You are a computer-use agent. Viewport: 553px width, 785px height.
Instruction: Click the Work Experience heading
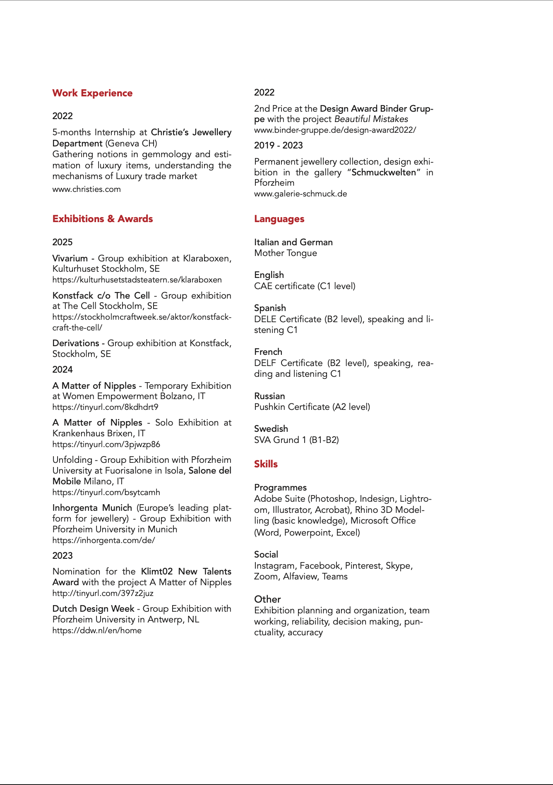point(92,93)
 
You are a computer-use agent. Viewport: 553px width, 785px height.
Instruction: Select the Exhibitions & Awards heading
point(103,219)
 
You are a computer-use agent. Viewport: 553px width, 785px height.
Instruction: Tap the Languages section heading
point(279,219)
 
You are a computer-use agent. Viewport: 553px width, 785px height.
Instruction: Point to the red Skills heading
point(266,464)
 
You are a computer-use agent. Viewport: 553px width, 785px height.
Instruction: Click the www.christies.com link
point(87,189)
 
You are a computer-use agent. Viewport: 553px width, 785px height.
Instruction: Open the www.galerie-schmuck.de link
point(301,194)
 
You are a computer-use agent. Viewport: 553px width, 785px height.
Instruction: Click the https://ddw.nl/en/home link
point(97,631)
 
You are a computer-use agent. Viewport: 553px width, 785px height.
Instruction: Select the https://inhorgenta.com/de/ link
point(103,541)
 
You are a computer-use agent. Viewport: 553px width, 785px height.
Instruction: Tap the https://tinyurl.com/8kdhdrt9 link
point(105,407)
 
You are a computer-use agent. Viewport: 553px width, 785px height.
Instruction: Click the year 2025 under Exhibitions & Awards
point(63,242)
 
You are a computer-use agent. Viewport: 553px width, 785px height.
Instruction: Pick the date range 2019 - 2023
point(279,146)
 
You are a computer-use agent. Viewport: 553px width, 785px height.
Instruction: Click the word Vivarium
point(70,258)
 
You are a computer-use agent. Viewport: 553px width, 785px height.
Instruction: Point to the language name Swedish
point(271,429)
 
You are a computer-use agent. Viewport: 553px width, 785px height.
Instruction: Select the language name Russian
point(269,396)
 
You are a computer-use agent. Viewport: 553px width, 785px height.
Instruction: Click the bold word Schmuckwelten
point(384,172)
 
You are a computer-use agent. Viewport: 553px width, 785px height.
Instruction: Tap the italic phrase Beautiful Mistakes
point(371,119)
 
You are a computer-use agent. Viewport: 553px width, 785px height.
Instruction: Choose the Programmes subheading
point(280,488)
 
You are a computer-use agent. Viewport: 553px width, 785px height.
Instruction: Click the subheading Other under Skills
point(267,599)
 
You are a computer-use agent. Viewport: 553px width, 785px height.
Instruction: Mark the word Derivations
point(76,343)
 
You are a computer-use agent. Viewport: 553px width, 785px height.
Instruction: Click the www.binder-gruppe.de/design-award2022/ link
point(335,130)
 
